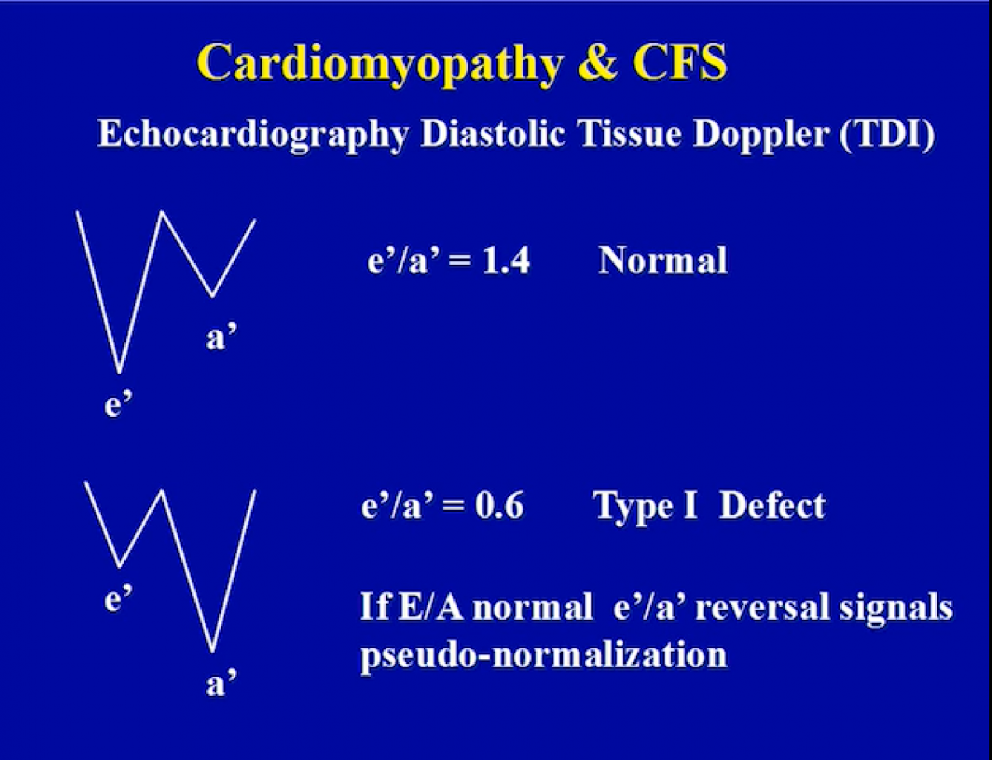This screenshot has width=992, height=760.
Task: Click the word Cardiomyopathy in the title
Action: click(x=380, y=65)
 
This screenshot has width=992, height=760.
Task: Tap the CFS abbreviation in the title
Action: click(x=680, y=61)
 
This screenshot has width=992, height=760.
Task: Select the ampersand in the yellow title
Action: click(x=597, y=62)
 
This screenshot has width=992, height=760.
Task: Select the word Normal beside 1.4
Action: click(x=663, y=260)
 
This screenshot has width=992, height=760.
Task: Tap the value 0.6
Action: click(x=499, y=505)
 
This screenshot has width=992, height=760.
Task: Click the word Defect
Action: click(x=772, y=505)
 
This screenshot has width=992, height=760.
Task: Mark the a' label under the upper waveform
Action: click(x=221, y=338)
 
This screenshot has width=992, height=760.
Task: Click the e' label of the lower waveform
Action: click(x=118, y=598)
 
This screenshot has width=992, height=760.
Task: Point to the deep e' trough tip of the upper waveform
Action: click(x=119, y=373)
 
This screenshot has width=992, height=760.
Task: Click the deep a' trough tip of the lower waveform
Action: click(x=212, y=650)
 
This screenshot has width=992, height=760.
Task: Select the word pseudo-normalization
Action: click(x=544, y=656)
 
